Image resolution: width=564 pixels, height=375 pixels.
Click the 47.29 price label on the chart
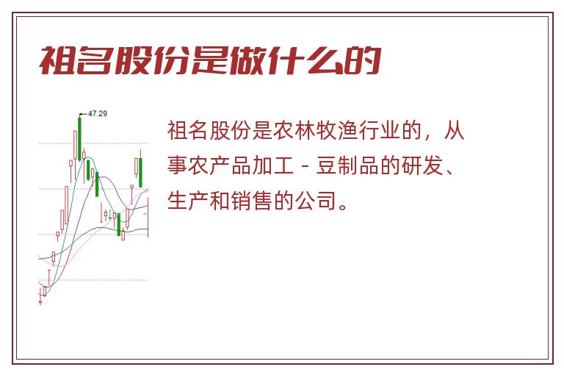[x=98, y=113]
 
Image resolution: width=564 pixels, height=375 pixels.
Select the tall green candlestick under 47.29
[x=79, y=137]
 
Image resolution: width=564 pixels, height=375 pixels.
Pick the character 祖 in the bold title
[x=57, y=60]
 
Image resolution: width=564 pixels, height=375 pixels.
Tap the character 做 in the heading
[x=247, y=60]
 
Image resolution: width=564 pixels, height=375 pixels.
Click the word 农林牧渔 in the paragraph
[x=315, y=130]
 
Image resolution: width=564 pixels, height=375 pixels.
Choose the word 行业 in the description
[x=379, y=130]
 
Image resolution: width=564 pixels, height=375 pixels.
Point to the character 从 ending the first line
[x=454, y=130]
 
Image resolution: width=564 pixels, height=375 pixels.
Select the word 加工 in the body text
[x=272, y=165]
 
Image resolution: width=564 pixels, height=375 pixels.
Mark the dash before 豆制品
[x=305, y=166]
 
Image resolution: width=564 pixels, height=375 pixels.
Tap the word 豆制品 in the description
[x=347, y=165]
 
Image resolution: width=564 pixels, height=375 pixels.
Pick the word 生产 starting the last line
[x=188, y=200]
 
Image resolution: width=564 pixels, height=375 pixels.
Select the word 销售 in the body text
[x=251, y=200]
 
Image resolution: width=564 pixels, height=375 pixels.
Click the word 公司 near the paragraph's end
[x=316, y=200]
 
